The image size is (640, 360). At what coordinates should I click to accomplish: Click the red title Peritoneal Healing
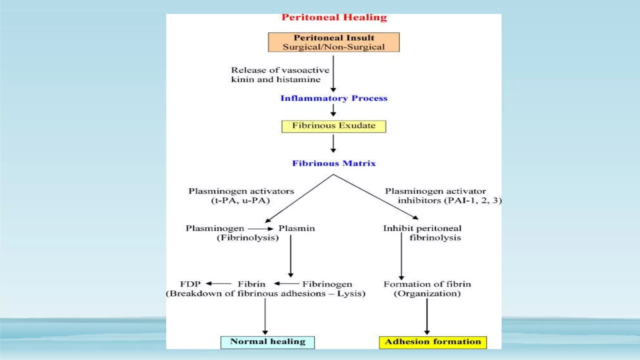click(x=334, y=17)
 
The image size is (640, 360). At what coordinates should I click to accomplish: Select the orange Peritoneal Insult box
click(x=333, y=42)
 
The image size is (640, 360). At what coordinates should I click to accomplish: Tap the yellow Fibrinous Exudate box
click(x=333, y=126)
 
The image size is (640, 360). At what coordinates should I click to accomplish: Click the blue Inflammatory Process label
click(x=334, y=98)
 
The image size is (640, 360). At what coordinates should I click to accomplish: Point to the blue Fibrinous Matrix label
click(x=334, y=163)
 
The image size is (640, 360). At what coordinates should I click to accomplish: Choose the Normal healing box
click(x=267, y=342)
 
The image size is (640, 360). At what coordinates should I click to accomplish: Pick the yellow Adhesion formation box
click(x=433, y=342)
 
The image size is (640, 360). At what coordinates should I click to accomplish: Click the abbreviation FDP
click(x=190, y=284)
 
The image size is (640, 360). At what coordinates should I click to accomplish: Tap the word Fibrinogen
click(x=327, y=284)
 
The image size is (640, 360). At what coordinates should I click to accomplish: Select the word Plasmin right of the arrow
click(x=297, y=228)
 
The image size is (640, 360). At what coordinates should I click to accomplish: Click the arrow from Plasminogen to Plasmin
click(x=261, y=229)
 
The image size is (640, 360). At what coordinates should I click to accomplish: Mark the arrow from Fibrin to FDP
click(x=218, y=284)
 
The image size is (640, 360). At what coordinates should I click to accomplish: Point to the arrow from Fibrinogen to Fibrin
click(x=287, y=284)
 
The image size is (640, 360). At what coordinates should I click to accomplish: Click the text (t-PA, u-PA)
click(x=240, y=201)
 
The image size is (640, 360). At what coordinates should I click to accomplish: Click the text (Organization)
click(x=427, y=294)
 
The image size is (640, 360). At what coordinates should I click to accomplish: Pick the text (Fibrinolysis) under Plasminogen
click(x=247, y=238)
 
